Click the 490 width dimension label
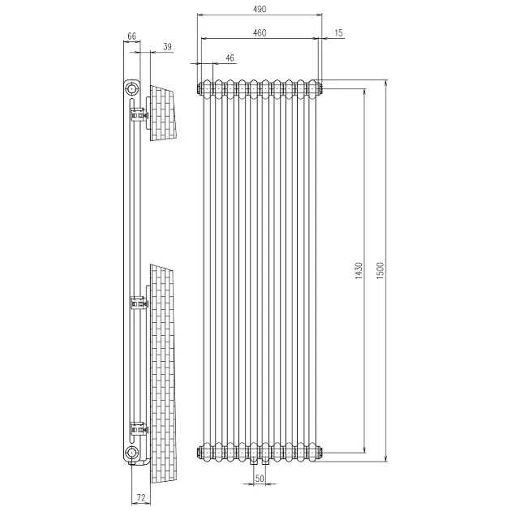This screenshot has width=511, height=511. [260, 9]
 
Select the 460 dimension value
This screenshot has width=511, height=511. [260, 33]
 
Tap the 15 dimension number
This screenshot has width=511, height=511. [338, 33]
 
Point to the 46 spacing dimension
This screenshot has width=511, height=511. [230, 58]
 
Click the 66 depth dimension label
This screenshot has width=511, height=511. [131, 36]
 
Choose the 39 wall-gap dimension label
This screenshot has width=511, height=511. [167, 46]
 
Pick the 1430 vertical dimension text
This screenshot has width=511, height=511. [359, 271]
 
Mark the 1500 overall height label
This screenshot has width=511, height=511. [380, 271]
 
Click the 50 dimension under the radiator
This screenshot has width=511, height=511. [260, 479]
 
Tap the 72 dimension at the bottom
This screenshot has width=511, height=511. [141, 498]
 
